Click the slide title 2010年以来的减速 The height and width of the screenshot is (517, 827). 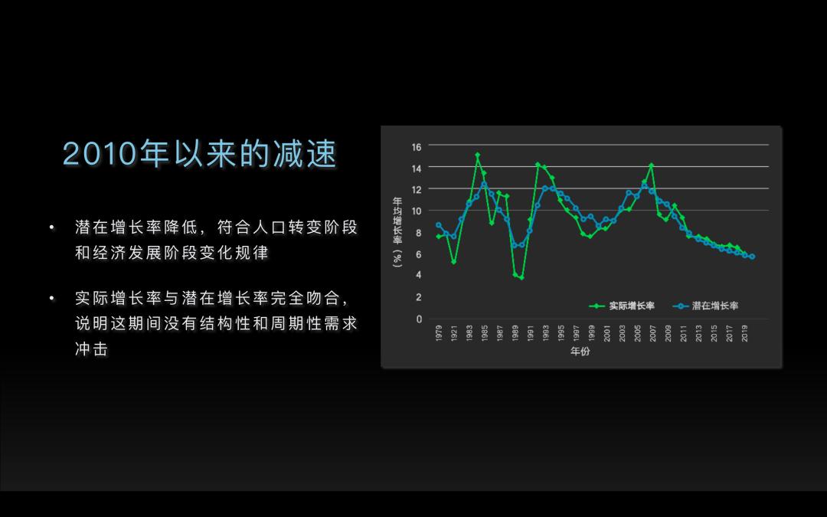pos(199,154)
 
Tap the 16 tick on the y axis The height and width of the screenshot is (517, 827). pos(417,147)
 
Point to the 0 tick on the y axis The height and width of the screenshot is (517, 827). pos(420,319)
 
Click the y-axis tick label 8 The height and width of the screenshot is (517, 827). pos(419,233)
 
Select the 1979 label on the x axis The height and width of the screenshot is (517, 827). pos(439,333)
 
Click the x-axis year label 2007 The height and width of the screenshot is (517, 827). pos(653,333)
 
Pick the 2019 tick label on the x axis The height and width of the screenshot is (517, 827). pos(745,333)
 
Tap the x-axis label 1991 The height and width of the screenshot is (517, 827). pos(531,333)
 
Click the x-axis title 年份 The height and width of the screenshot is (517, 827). pos(580,352)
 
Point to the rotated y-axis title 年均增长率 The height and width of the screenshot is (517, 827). pos(397,232)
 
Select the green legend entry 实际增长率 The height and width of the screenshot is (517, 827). pos(622,306)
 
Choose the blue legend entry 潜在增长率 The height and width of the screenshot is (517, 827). pos(705,306)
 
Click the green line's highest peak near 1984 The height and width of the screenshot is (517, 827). pos(477,155)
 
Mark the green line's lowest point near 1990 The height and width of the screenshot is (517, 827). pos(521,277)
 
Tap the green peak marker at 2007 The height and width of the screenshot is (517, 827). pos(652,165)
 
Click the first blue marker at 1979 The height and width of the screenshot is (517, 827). pos(438,225)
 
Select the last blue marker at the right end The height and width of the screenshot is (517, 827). pos(752,257)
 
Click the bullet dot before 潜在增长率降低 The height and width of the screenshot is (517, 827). pos(52,227)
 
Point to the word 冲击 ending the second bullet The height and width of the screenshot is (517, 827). pos(92,348)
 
